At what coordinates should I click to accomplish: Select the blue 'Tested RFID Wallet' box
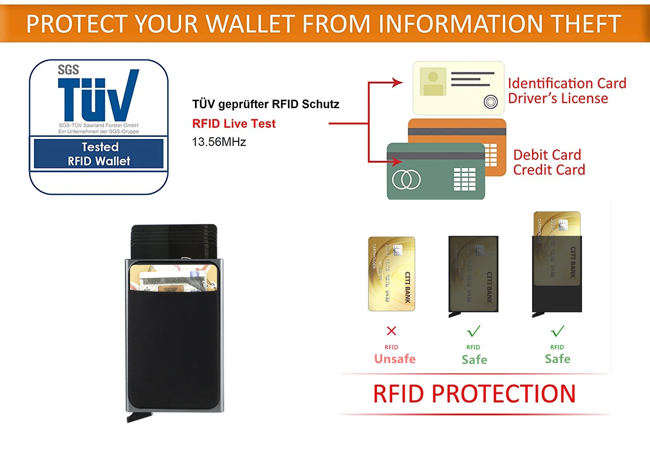[99, 154]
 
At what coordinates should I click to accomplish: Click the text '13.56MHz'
[219, 142]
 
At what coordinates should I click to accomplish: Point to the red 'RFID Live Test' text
[234, 124]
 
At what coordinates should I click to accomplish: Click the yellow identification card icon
[458, 88]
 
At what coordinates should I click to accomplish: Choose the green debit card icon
[435, 172]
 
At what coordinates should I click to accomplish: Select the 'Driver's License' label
[558, 99]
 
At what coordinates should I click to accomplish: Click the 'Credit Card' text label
[549, 170]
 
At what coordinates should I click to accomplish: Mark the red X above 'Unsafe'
[391, 331]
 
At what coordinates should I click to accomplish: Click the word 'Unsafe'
[395, 359]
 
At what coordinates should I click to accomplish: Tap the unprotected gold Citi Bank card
[391, 274]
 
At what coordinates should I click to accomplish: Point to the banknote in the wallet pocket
[169, 279]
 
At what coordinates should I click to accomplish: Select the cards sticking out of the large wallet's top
[173, 240]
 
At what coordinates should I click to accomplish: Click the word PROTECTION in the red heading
[504, 394]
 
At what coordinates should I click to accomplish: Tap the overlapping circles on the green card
[406, 179]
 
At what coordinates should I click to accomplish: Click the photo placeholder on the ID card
[432, 81]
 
